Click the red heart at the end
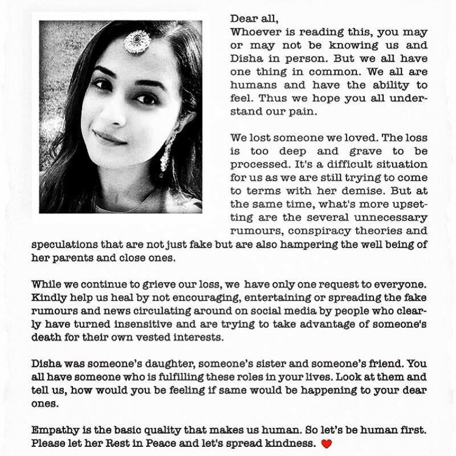(326, 443)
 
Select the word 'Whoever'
(255, 32)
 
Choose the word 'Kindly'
(49, 297)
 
